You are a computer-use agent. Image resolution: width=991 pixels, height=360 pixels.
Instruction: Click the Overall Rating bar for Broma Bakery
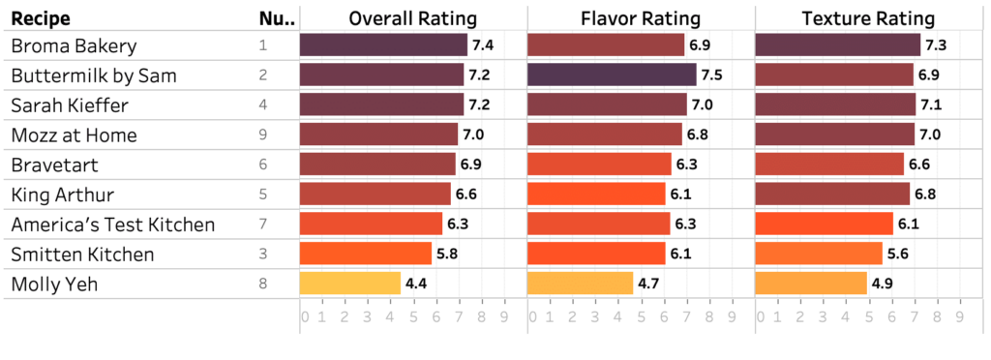click(383, 45)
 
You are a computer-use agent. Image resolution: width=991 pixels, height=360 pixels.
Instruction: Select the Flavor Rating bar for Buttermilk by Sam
click(612, 75)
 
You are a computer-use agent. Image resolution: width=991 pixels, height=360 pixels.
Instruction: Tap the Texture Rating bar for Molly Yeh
click(810, 284)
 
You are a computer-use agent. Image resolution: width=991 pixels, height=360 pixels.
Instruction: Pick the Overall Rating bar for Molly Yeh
click(349, 284)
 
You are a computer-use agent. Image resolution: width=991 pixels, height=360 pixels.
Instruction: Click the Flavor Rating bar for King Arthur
click(596, 195)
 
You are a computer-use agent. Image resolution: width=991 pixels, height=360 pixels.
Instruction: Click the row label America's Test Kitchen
click(112, 225)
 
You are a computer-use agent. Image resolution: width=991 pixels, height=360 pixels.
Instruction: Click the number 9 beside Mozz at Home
click(263, 135)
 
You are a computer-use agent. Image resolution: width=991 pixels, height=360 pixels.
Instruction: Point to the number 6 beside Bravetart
click(263, 165)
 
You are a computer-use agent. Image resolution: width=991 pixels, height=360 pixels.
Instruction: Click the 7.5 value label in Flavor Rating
click(712, 75)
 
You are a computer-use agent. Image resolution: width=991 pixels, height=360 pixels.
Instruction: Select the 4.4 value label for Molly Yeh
click(416, 284)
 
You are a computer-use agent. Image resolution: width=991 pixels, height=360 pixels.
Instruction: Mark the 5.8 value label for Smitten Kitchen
click(447, 255)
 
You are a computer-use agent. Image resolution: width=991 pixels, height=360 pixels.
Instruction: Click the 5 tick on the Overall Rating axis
click(413, 316)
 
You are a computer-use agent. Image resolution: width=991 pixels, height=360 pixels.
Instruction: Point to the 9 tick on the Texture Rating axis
click(959, 316)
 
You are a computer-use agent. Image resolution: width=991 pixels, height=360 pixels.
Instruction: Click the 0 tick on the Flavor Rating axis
click(531, 316)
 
